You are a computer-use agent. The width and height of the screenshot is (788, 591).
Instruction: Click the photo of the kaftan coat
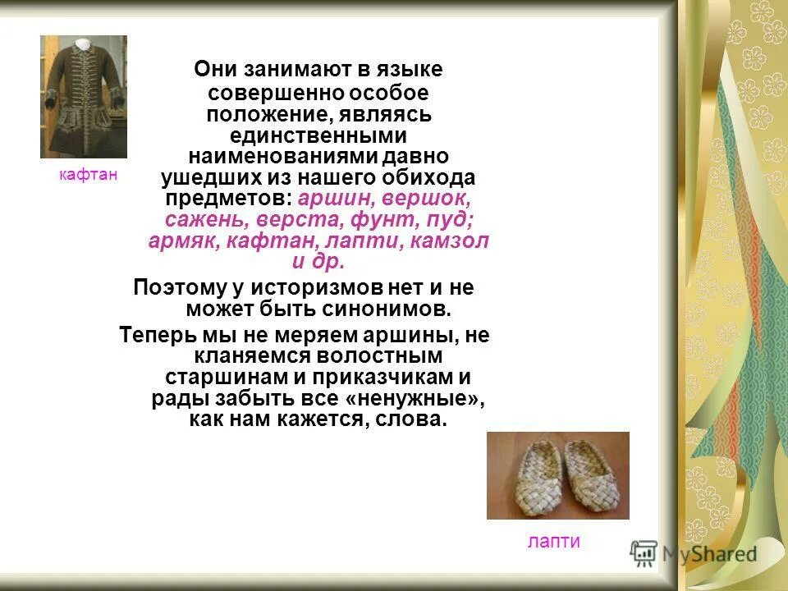[x=84, y=97]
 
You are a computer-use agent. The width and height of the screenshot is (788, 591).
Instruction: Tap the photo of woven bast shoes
[x=557, y=475]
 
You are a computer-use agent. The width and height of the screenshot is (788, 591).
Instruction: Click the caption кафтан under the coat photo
[x=88, y=174]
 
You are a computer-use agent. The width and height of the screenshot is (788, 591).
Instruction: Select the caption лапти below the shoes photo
[x=553, y=541]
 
